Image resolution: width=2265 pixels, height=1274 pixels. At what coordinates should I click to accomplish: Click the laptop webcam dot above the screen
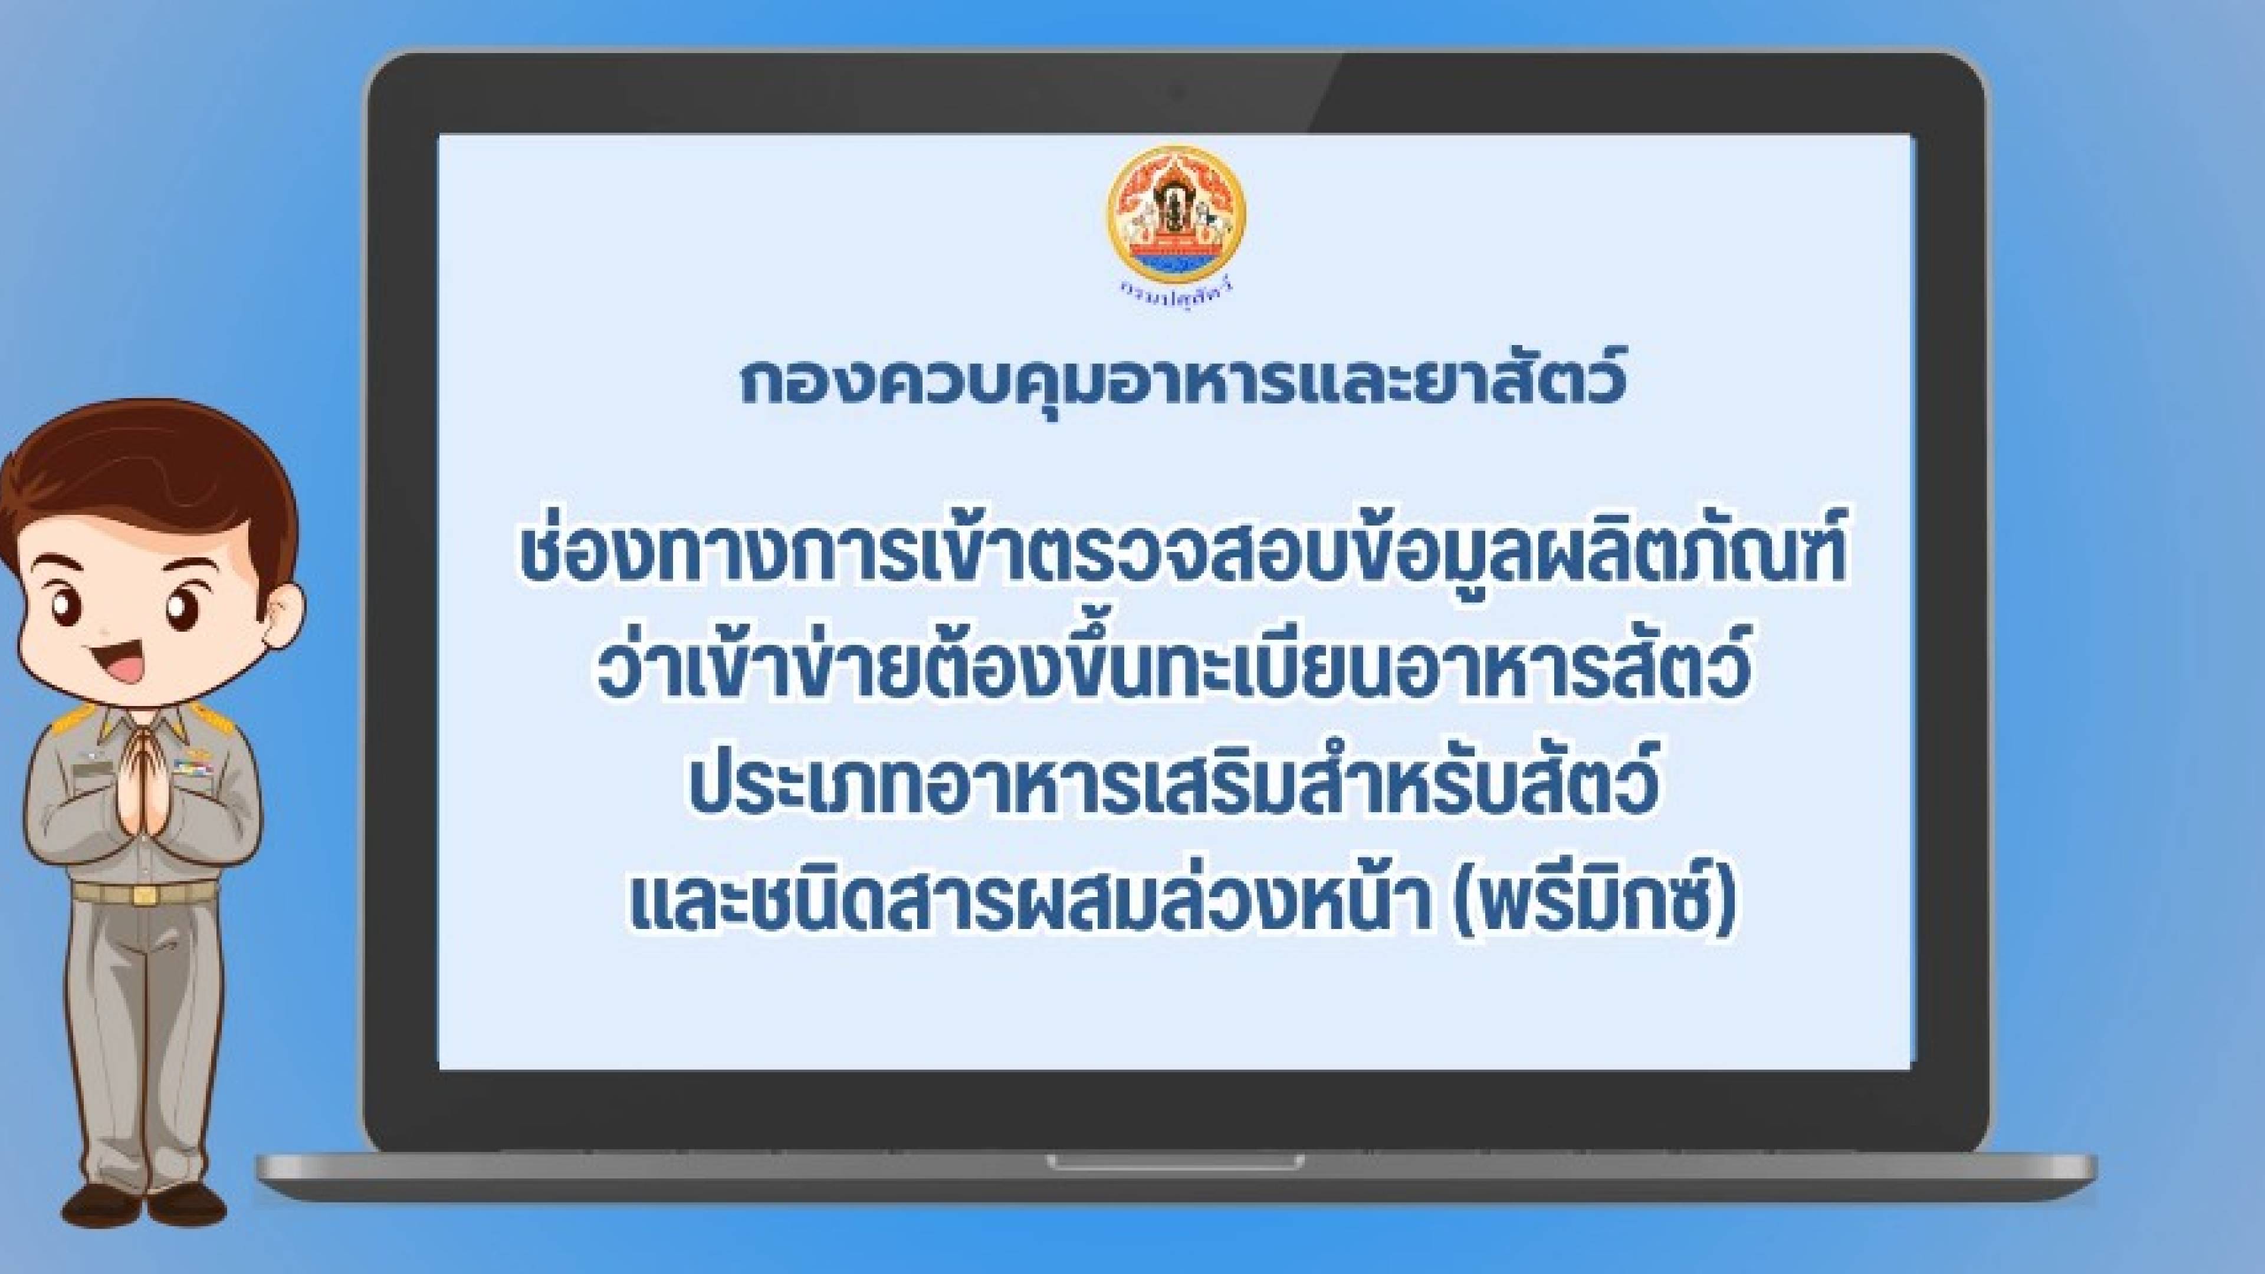click(1177, 91)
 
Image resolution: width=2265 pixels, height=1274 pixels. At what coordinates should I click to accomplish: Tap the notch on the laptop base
click(1175, 1163)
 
